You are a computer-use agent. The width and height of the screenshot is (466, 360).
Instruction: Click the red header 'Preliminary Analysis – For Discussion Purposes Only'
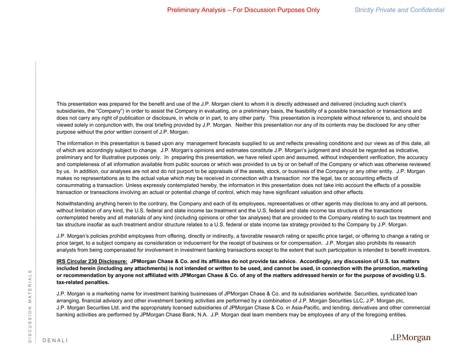pyautogui.click(x=243, y=10)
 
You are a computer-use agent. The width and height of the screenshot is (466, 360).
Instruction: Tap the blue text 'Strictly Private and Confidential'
pyautogui.click(x=399, y=10)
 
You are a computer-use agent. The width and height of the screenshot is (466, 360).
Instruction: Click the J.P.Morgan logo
pyautogui.click(x=410, y=338)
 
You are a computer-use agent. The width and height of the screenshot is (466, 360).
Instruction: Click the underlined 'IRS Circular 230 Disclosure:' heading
pyautogui.click(x=92, y=262)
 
